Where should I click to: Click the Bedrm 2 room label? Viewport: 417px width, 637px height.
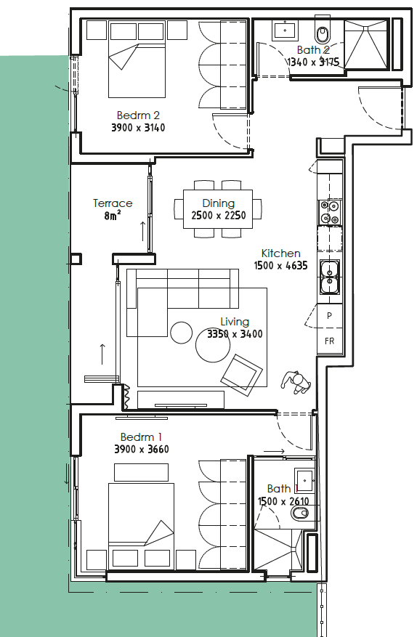[x=138, y=115]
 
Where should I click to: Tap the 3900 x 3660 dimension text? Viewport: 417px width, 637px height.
[x=142, y=450]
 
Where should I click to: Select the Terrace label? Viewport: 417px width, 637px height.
[x=113, y=203]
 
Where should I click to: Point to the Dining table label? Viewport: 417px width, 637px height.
[x=218, y=203]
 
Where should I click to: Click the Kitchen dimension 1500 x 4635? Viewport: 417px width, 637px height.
[x=281, y=266]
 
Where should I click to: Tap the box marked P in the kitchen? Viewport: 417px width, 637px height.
[x=330, y=315]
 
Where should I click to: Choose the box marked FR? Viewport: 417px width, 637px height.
[x=330, y=341]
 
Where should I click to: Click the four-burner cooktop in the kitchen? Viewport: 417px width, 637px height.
[x=330, y=213]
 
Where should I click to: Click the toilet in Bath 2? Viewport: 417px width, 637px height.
[x=323, y=33]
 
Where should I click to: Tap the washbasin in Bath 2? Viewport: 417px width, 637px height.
[x=285, y=30]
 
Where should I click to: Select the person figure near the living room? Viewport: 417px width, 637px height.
[x=296, y=383]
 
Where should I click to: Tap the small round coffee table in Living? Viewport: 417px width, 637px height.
[x=182, y=333]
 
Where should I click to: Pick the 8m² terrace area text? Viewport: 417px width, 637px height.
[x=112, y=215]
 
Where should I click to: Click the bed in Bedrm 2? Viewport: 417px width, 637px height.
[x=137, y=70]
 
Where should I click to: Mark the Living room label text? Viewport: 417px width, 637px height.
[x=235, y=322]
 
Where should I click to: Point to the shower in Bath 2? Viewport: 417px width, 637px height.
[x=367, y=44]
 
